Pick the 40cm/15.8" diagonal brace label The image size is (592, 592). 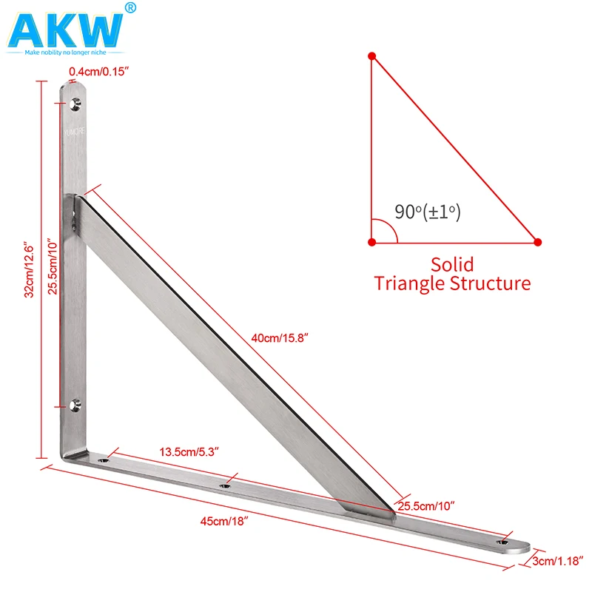280,337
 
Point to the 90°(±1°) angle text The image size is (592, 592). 427,212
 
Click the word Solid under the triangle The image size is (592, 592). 452,264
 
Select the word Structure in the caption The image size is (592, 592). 491,283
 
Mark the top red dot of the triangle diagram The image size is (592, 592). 372,55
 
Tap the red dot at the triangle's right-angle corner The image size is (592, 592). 372,242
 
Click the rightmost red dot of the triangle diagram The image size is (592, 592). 538,242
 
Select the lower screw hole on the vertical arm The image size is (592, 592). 74,404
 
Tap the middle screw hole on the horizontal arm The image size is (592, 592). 226,487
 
